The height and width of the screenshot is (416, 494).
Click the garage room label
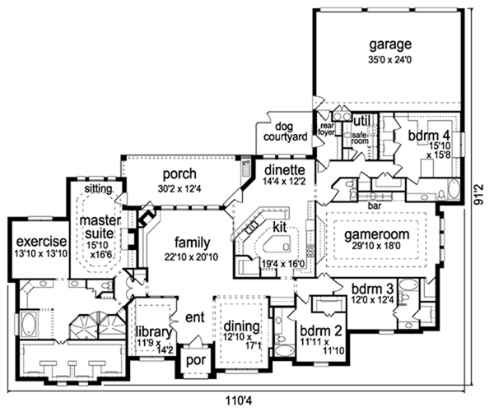(x=390, y=44)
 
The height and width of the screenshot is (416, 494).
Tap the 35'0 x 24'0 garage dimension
(x=390, y=60)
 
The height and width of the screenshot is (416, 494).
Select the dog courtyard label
(x=285, y=132)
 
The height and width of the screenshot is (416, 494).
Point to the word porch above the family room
(x=179, y=174)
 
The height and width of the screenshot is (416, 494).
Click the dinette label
(x=285, y=170)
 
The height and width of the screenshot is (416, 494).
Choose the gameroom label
(x=377, y=234)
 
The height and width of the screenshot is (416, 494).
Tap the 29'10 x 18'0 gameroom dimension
(x=376, y=246)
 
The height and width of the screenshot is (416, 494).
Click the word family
(x=192, y=243)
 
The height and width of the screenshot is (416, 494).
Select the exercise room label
(x=41, y=242)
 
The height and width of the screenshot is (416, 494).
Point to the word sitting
(x=98, y=189)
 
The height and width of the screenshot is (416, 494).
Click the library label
(x=154, y=332)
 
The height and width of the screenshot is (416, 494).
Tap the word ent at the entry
(x=195, y=317)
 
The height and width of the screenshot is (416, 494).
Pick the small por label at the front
(x=196, y=360)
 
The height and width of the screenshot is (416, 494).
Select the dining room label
(x=241, y=327)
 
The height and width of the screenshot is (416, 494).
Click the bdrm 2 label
(x=321, y=331)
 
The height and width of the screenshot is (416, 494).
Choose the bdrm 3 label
(x=373, y=289)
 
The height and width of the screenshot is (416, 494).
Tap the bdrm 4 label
(x=429, y=136)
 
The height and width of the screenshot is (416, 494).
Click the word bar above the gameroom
(x=375, y=206)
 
